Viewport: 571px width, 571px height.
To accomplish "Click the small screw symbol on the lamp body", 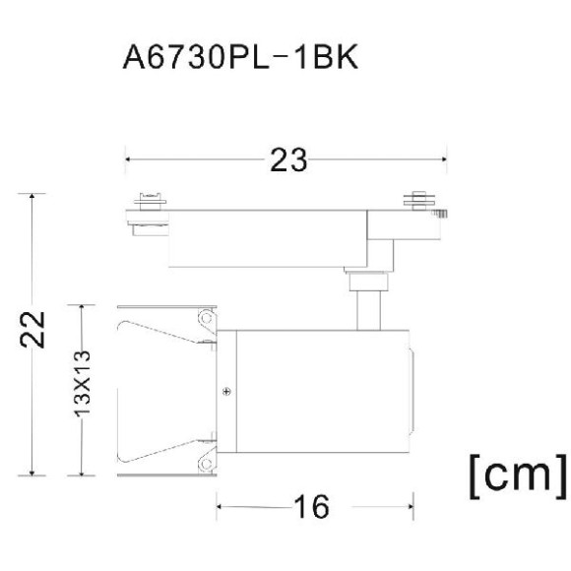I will pyautogui.click(x=227, y=392).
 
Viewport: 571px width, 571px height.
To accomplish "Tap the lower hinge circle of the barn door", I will pyautogui.click(x=206, y=463).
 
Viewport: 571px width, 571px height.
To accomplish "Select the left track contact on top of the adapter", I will pyautogui.click(x=149, y=201).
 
